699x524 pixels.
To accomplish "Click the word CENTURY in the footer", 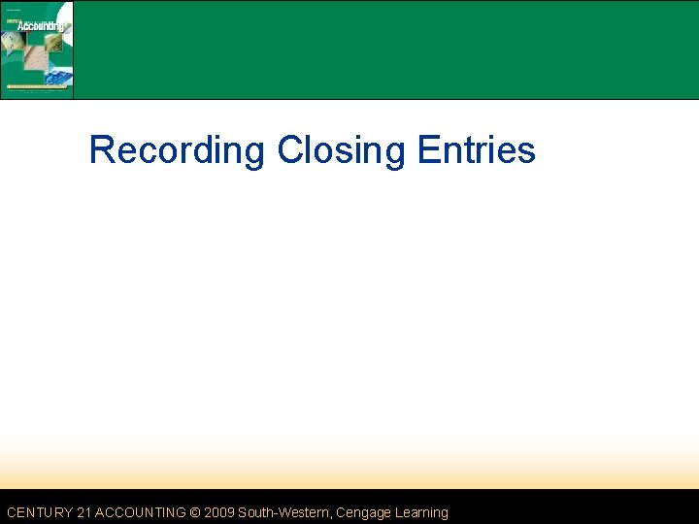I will pos(39,512).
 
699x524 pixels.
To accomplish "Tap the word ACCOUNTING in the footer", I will pos(140,512).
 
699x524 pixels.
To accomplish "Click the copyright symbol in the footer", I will pos(195,512).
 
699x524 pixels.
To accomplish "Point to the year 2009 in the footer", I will pos(218,512).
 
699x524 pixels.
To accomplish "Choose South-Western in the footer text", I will pos(283,512).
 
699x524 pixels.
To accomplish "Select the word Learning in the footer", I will pos(418,512).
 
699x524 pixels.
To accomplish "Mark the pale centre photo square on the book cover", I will pos(37,56).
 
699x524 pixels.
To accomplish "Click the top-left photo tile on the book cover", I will pos(13,41).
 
